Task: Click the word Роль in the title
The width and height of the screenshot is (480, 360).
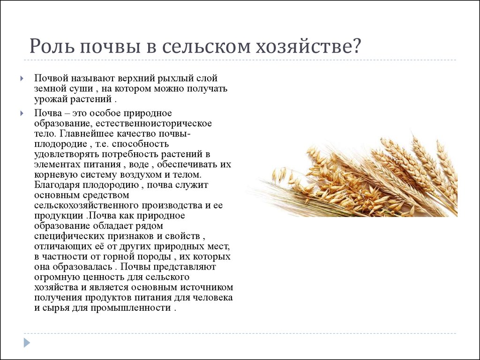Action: [x=52, y=46]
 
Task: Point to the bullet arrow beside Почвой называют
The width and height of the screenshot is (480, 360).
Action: [x=22, y=79]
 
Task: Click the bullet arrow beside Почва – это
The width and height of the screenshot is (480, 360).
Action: [x=22, y=113]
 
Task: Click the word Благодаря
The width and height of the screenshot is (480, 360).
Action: [x=57, y=185]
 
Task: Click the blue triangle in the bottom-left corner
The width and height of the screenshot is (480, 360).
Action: [x=27, y=343]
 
